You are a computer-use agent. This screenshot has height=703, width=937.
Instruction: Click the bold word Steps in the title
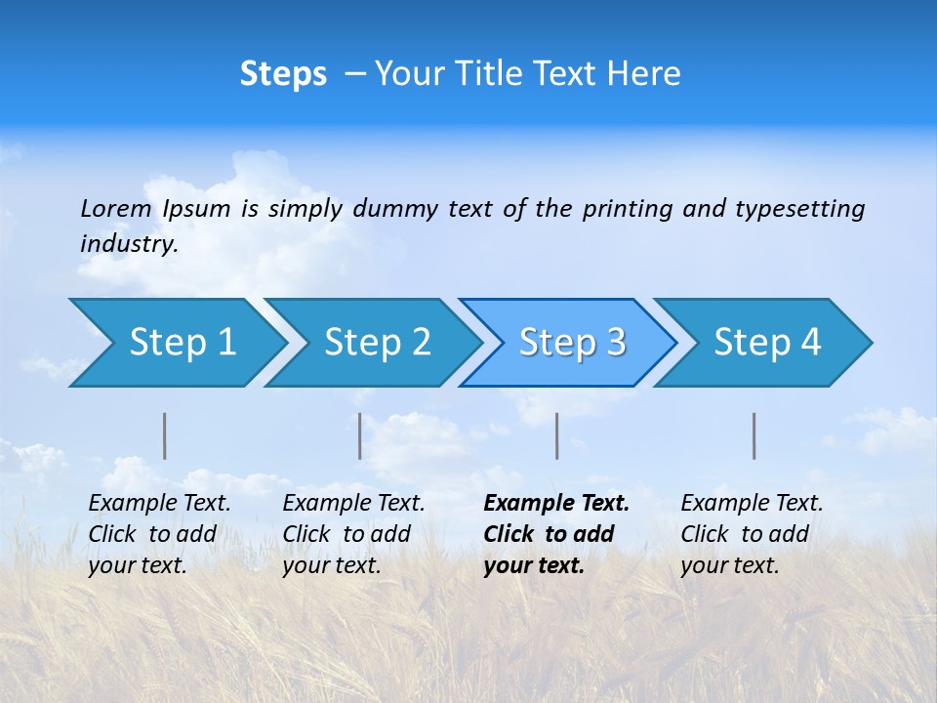(x=283, y=74)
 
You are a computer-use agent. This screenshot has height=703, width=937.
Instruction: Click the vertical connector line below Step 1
(x=165, y=435)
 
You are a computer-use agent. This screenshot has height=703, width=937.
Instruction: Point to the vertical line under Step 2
(x=360, y=435)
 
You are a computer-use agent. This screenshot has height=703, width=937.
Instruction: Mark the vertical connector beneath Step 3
(x=557, y=435)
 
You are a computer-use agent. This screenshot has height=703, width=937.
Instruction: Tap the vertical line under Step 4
(x=754, y=435)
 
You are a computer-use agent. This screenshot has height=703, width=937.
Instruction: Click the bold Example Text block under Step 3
(x=556, y=534)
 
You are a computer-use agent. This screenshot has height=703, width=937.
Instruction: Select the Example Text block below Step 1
(x=159, y=534)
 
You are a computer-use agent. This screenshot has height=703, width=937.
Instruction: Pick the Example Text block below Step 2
(x=353, y=534)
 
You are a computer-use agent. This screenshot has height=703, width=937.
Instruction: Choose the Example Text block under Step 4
(x=752, y=534)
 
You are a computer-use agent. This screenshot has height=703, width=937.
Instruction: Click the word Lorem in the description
(x=116, y=208)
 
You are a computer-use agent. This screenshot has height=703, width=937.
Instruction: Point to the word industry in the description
(x=129, y=244)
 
